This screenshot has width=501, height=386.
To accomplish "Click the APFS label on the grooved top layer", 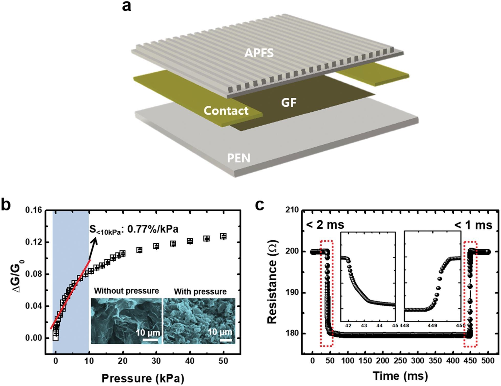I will point(259,53).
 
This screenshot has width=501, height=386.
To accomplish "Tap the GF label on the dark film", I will point(289,103).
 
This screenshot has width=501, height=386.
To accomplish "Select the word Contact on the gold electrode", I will point(226,111).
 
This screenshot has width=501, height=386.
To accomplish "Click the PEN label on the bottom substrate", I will point(238,158).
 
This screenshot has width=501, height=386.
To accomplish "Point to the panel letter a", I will point(126,6).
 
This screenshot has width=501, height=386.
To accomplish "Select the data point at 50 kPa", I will point(224,236).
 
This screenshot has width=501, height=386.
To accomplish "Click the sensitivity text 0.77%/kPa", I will point(153,229).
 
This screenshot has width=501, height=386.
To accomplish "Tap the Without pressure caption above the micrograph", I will point(126,291).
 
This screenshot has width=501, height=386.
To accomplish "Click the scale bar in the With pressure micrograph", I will point(225,340).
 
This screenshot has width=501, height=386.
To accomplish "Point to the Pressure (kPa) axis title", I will point(143,378).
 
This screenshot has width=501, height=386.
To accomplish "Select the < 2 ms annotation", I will point(325,225).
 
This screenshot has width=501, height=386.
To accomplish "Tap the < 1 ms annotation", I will point(473,225).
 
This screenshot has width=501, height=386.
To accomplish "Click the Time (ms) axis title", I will point(400,376).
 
